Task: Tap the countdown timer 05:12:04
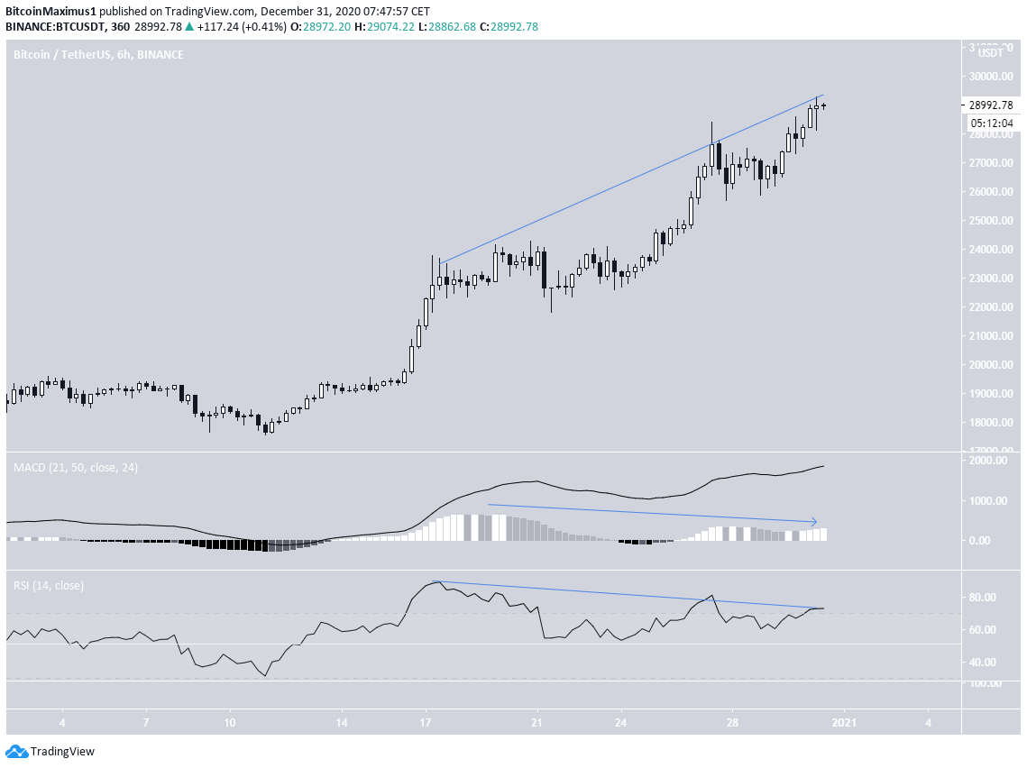[x=990, y=123]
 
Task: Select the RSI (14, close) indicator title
[x=49, y=586]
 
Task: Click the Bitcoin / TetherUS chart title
[x=97, y=55]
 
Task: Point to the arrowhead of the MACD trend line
[x=814, y=522]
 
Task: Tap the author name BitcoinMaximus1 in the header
[x=46, y=10]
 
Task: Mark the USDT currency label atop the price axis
[x=991, y=52]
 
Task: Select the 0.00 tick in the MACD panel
[x=982, y=541]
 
